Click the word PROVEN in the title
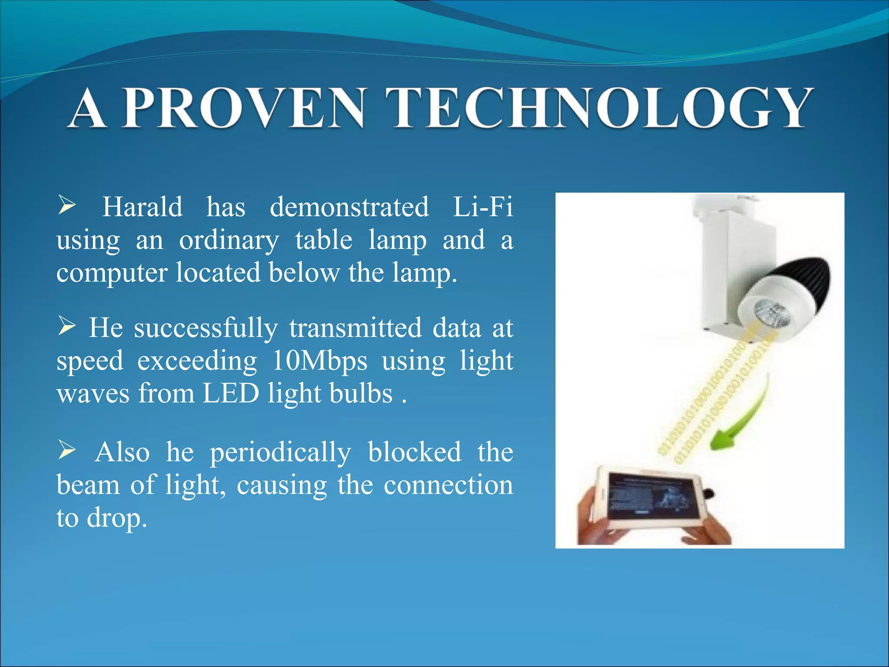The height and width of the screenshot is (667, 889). [x=243, y=109]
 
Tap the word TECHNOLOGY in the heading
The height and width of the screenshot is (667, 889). [x=601, y=109]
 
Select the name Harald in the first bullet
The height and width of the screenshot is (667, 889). [x=142, y=207]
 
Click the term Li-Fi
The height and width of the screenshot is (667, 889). [x=483, y=207]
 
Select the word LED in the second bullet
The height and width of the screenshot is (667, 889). [x=230, y=393]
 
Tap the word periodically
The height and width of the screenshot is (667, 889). [x=280, y=452]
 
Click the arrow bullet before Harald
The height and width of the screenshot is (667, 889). [x=67, y=205]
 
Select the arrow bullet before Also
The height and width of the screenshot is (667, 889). [x=67, y=450]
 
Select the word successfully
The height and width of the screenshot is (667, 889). [x=205, y=328]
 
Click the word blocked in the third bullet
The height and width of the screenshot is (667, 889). [x=414, y=452]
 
